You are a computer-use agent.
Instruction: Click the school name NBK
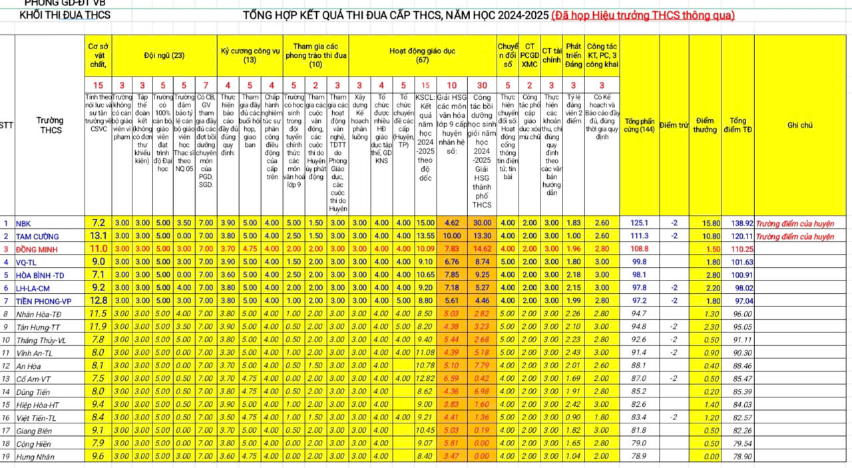point(23,223)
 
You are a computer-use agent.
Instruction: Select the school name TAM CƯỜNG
point(37,236)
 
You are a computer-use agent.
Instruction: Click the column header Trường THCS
point(50,125)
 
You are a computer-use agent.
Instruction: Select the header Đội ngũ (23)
point(164,55)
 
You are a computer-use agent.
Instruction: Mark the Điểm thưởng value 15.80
point(708,223)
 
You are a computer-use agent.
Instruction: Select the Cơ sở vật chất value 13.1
point(99,236)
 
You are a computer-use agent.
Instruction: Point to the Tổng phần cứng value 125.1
point(639,223)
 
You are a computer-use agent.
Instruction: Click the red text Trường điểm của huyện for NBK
point(794,223)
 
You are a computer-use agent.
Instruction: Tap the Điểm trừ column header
point(674,124)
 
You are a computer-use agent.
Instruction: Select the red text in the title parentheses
point(643,15)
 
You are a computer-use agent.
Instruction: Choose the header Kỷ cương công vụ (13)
point(250,55)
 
